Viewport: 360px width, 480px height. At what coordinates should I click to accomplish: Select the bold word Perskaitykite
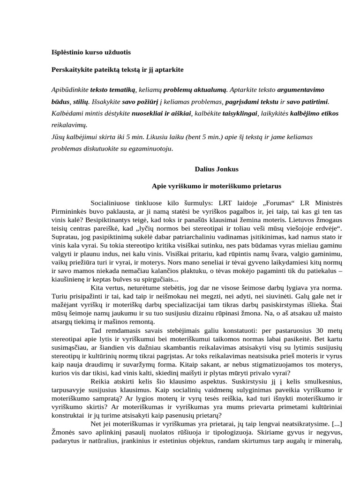70,69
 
